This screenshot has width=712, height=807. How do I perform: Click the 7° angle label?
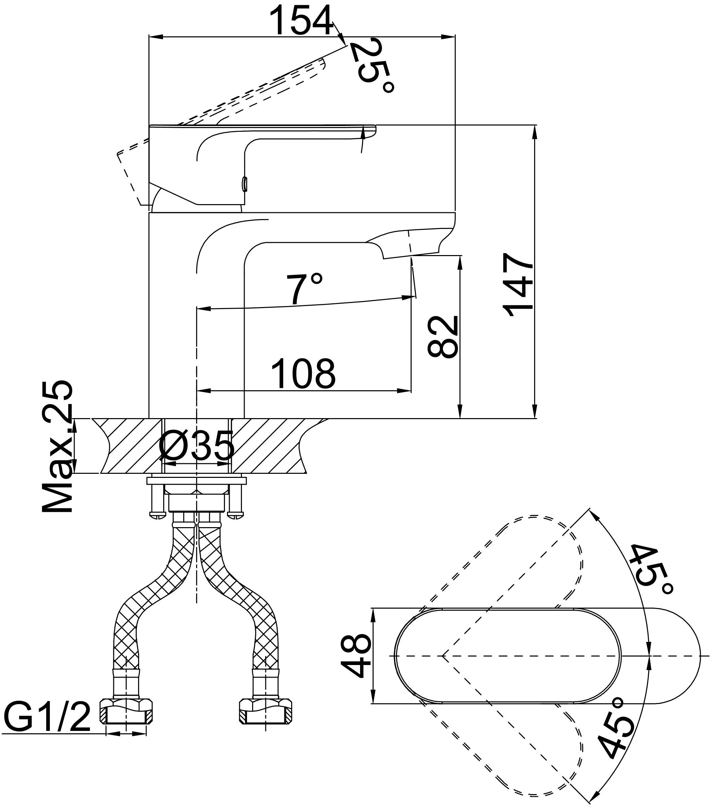pyautogui.click(x=304, y=289)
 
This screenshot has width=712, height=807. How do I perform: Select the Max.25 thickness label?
pyautogui.click(x=58, y=446)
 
